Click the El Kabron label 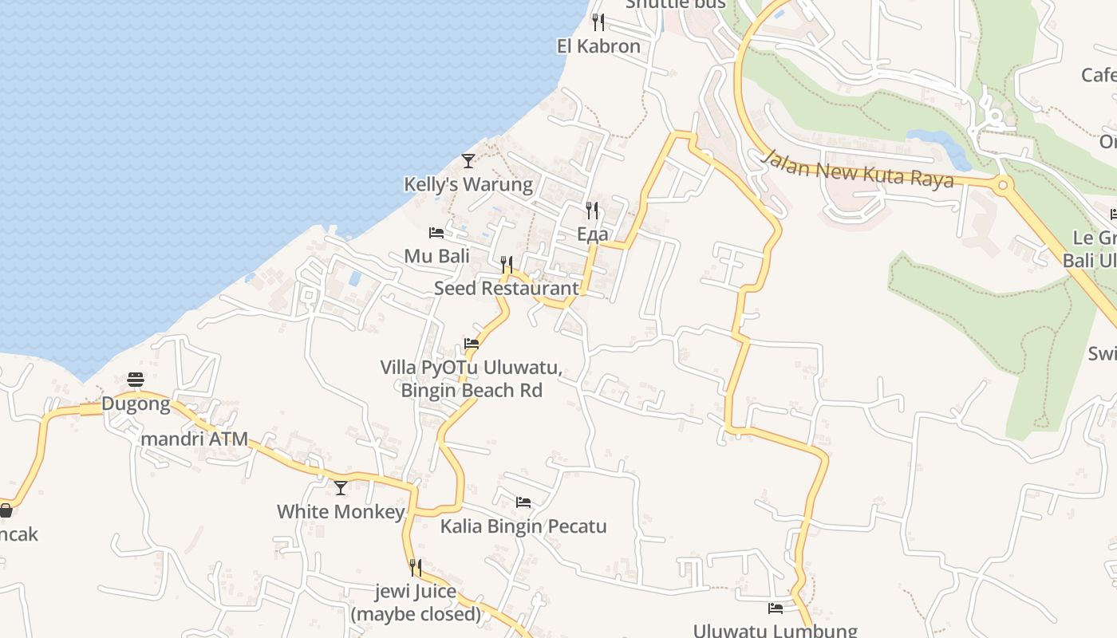click(x=598, y=46)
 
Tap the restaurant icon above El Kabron click(x=598, y=22)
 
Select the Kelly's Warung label click(x=468, y=184)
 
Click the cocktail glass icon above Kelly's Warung click(x=468, y=160)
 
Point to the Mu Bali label click(x=436, y=256)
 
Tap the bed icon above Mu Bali click(x=436, y=233)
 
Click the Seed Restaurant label click(x=506, y=288)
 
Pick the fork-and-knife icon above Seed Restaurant click(x=506, y=264)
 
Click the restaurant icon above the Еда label click(x=592, y=211)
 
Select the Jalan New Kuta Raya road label click(x=857, y=169)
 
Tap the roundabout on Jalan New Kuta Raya click(x=1003, y=186)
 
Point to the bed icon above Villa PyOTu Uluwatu click(x=472, y=345)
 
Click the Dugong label click(x=136, y=404)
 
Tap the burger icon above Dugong click(x=136, y=380)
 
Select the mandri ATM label click(x=194, y=439)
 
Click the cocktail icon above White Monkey click(x=341, y=487)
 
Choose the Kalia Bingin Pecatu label click(x=523, y=526)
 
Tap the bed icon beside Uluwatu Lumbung click(x=776, y=608)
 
